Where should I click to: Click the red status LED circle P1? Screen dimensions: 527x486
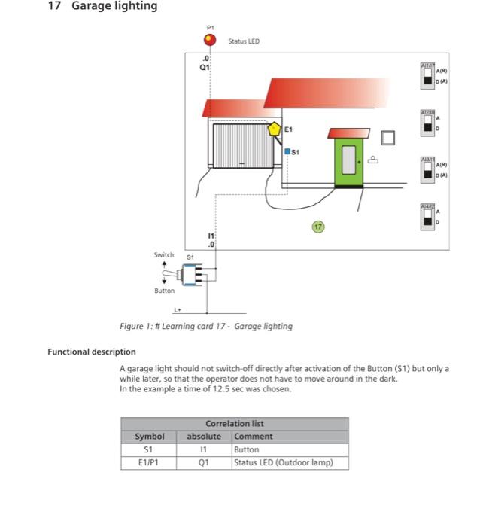tap(210, 41)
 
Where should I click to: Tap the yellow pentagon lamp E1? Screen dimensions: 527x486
tap(275, 129)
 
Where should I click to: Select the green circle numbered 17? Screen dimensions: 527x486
tap(318, 226)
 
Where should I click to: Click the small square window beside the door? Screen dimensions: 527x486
tap(388, 137)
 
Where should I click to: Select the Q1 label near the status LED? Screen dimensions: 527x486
tap(204, 66)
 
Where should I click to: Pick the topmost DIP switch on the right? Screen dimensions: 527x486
tap(427, 75)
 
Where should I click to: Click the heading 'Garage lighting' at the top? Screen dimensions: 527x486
tap(114, 6)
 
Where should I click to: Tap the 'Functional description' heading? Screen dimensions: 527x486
tap(92, 352)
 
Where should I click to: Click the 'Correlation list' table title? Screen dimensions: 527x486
tap(235, 424)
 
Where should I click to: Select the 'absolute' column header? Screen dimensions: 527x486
tap(204, 437)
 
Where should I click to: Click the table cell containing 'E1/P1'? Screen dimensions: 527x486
tap(149, 463)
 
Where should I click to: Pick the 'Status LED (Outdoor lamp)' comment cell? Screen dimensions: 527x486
tap(283, 463)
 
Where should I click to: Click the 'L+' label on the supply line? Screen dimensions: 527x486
tap(178, 309)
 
